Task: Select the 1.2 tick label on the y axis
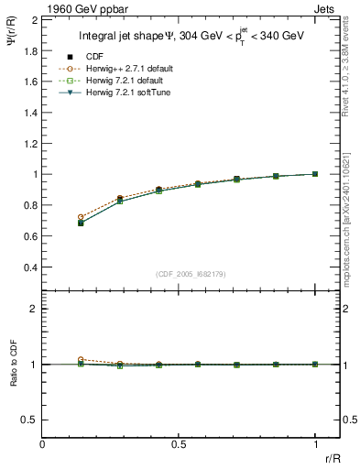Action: [30, 143]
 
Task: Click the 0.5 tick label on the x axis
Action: [179, 444]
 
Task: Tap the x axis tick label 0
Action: [42, 444]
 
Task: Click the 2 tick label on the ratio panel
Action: [33, 310]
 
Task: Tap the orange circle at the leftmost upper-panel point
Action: [81, 217]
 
